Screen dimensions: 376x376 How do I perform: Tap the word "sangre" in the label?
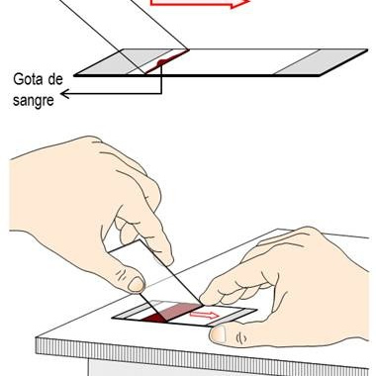pyautogui.click(x=34, y=100)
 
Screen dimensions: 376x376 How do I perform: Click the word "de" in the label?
pyautogui.click(x=54, y=79)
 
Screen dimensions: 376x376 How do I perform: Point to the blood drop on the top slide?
pyautogui.click(x=161, y=61)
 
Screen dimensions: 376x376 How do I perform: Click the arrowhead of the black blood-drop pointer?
pyautogui.click(x=64, y=94)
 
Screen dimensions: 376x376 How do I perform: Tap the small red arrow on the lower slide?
pyautogui.click(x=204, y=315)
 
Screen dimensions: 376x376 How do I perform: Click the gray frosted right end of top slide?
pyautogui.click(x=320, y=62)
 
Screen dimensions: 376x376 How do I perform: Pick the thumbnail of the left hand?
pyautogui.click(x=137, y=284)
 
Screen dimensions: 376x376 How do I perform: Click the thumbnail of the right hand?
pyautogui.click(x=218, y=334)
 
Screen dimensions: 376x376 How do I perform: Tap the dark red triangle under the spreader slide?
pyautogui.click(x=153, y=318)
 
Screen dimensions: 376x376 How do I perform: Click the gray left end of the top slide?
pyautogui.click(x=109, y=62)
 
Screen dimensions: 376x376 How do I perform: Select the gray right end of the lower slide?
pyautogui.click(x=232, y=318)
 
